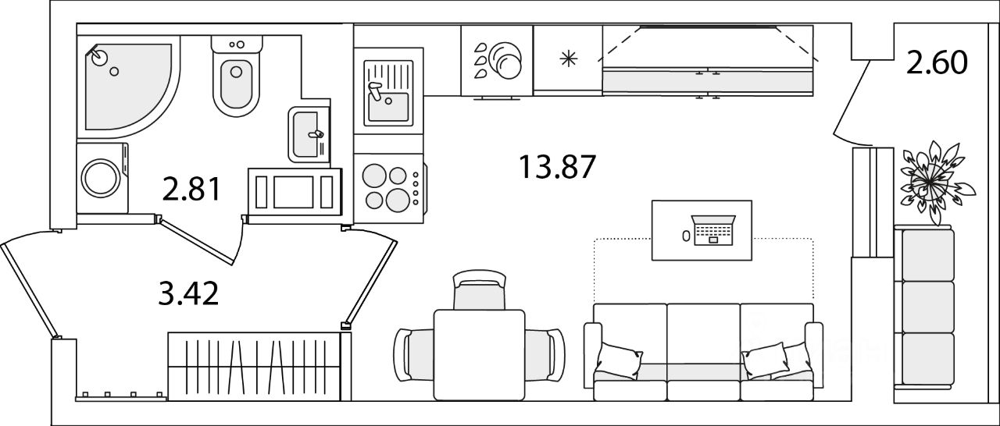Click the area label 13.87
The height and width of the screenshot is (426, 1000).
point(557,167)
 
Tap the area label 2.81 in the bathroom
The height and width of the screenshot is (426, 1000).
point(191,189)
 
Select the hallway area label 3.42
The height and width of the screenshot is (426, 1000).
point(188,293)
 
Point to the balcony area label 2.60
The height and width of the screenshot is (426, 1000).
point(937,62)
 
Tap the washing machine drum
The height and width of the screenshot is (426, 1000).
point(101,178)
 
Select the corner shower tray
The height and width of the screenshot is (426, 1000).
point(128,87)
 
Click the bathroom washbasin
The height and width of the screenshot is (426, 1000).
point(309,134)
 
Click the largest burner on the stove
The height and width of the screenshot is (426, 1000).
point(398,200)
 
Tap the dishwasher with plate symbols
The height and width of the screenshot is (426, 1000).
point(497,61)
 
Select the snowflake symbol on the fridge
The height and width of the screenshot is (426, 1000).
point(568,59)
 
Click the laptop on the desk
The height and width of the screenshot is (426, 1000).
point(713,230)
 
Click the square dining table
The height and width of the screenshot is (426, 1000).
point(479,355)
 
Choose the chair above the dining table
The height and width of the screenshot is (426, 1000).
point(480,289)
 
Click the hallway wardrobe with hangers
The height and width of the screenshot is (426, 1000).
point(255,366)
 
